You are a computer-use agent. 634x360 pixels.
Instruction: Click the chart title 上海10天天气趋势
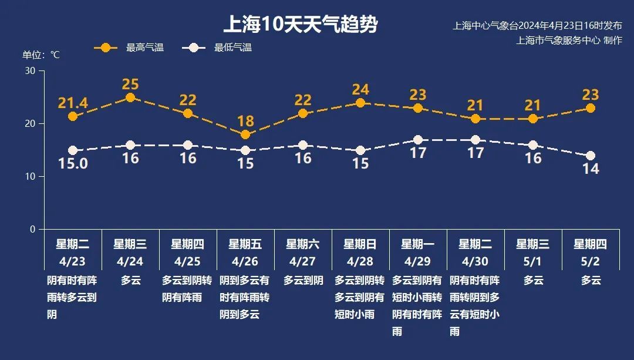pos(300,25)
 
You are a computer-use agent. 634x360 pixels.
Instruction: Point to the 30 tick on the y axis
pos(30,71)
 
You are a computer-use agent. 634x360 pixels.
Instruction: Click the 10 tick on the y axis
pos(30,177)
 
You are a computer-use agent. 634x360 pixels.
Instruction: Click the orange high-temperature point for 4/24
pos(130,97)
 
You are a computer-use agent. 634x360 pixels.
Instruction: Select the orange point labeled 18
pos(245,134)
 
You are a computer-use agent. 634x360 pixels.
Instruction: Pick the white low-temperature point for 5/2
pos(591,156)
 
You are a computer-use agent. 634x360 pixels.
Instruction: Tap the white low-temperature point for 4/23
pos(73,150)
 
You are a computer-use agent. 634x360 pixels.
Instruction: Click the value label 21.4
pos(73,103)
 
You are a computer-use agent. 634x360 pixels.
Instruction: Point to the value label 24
pos(360,90)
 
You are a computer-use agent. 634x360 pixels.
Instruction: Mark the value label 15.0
pos(73,164)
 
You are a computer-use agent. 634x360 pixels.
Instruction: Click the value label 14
pos(591,169)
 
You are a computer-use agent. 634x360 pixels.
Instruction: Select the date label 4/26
pos(245,260)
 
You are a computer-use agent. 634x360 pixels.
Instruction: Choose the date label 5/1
pos(533,260)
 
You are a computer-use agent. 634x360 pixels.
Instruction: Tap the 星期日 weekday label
pos(360,244)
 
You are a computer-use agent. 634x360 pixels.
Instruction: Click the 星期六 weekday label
pos(303,244)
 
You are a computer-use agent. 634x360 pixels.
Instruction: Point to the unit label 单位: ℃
pos(41,55)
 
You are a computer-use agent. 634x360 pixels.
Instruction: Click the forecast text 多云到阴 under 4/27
pos(303,280)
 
